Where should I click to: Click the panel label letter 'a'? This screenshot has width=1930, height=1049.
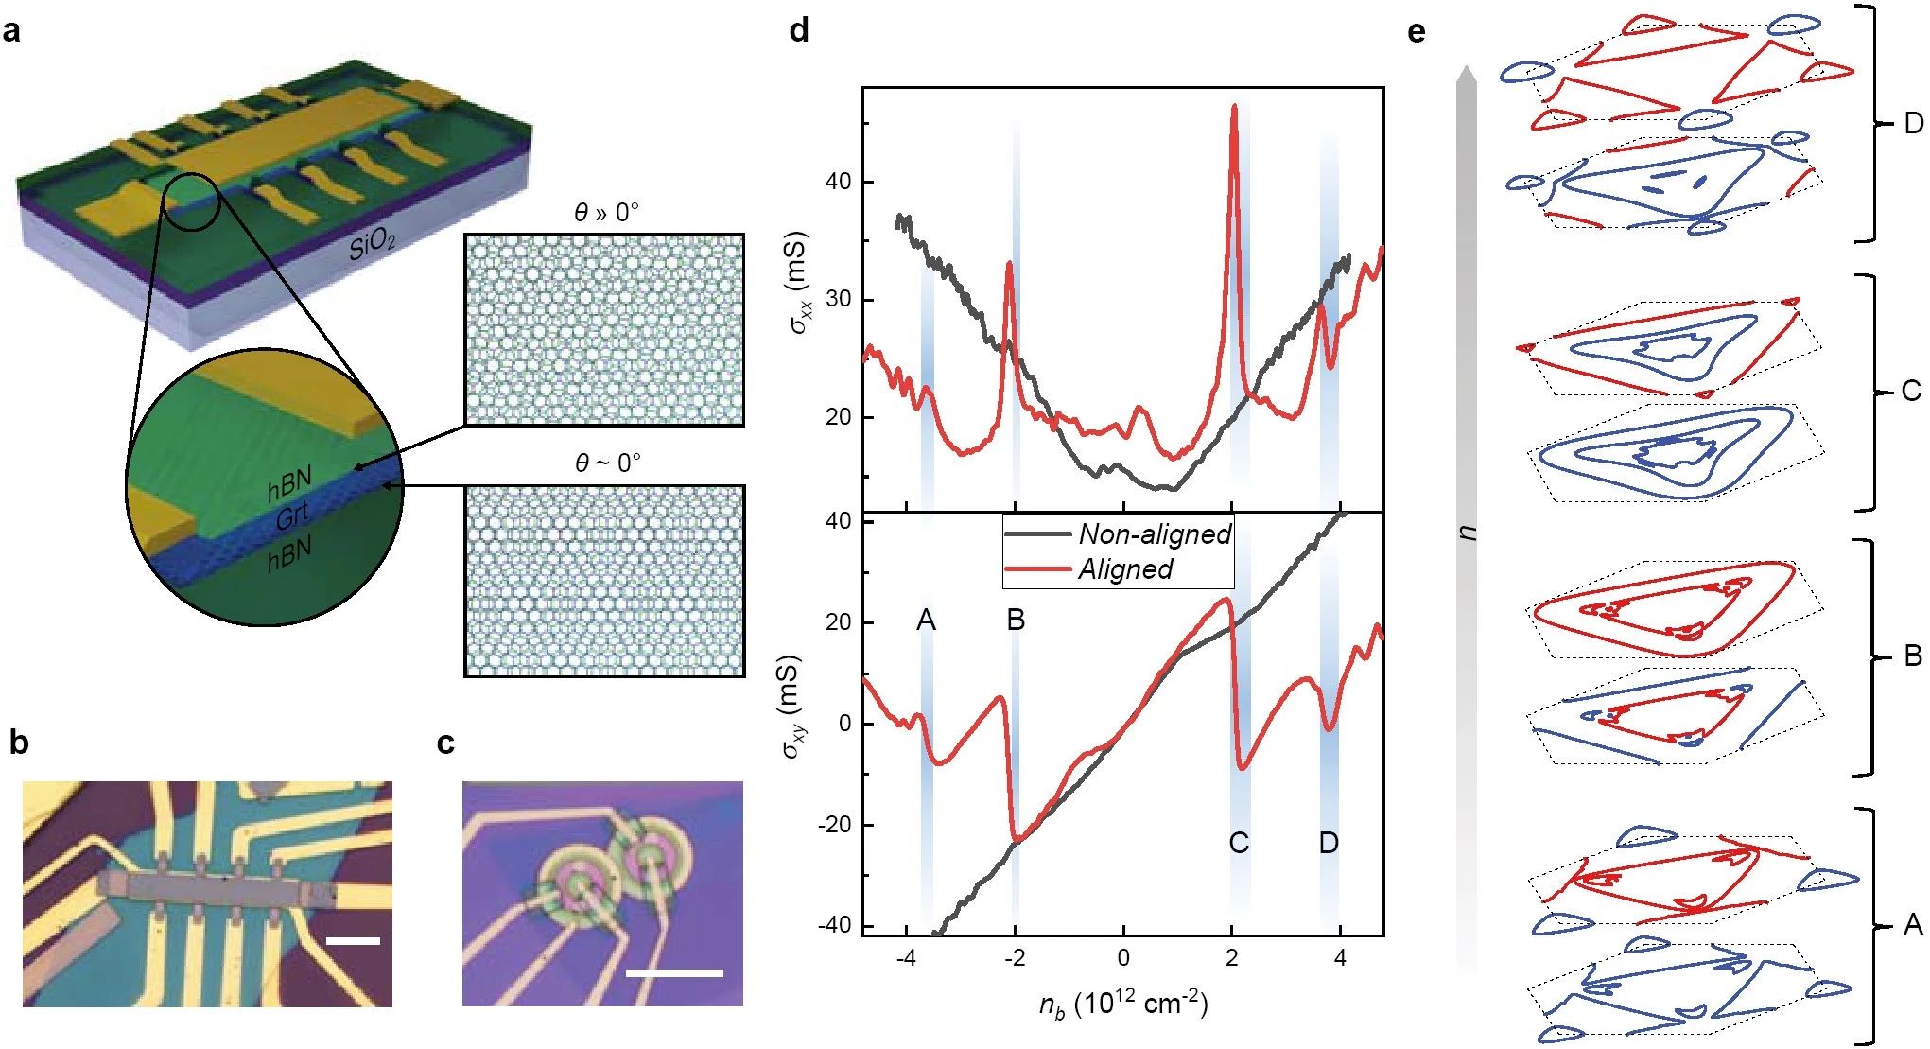pos(11,32)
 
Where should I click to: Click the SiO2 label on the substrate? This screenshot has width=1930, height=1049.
pos(372,245)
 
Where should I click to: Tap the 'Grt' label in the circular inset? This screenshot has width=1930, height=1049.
pos(292,516)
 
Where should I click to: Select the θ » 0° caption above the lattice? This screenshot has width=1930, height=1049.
pos(605,213)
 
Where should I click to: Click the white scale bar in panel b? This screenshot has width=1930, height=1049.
pos(353,941)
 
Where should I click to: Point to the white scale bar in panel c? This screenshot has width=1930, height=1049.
pos(674,972)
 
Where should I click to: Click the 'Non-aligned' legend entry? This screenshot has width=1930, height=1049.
pos(1154,534)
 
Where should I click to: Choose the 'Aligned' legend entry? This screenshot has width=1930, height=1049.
pos(1124,569)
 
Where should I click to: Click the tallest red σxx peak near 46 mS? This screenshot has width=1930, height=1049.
pos(1234,107)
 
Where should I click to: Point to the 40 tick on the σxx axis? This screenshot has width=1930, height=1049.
pos(839,182)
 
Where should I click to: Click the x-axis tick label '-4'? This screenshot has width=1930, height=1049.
pos(905,958)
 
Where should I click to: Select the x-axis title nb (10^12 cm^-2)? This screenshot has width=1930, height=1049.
pos(1122,1004)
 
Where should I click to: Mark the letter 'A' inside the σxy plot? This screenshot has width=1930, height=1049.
pos(926,621)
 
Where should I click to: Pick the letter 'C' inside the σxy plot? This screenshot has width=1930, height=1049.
pos(1238,843)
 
